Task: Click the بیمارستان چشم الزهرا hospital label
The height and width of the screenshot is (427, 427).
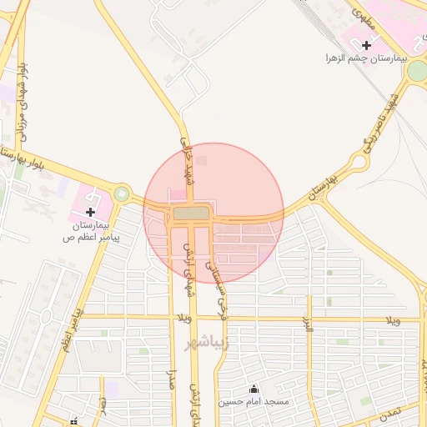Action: pos(364,59)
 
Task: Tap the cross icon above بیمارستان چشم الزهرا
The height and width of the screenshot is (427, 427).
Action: pos(366,44)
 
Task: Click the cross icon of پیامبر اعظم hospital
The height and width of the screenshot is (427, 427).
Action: pos(91,212)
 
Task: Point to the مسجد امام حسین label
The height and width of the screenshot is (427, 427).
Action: pos(254,402)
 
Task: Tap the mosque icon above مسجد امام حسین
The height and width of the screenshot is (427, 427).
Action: pos(254,388)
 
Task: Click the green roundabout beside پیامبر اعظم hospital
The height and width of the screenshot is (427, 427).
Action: pos(123,195)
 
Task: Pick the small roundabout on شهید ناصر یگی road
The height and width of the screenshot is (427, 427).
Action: pos(360,160)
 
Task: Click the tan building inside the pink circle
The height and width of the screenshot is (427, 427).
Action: pos(192,214)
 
